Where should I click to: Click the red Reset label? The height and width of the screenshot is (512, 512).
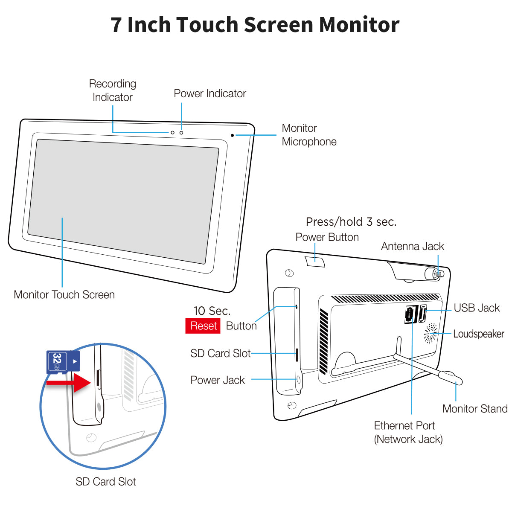point(203,326)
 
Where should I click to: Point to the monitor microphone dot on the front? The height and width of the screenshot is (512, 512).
point(232,135)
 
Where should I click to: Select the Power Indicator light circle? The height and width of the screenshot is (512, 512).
point(181,133)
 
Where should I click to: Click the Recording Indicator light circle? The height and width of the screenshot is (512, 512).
point(172,133)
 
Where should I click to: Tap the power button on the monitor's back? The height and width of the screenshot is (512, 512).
point(315,261)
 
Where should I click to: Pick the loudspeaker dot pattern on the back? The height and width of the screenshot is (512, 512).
point(431,333)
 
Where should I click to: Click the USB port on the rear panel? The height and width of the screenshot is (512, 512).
point(423,314)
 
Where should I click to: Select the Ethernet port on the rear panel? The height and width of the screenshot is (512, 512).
point(410,315)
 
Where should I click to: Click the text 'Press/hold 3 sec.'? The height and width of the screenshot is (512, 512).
point(351,222)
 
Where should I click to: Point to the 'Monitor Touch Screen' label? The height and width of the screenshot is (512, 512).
point(64,294)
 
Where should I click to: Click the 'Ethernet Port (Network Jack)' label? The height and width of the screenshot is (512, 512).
point(408,432)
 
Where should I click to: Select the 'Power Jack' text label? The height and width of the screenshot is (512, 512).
point(218,380)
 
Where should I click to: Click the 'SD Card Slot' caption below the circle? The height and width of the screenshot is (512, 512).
point(105,482)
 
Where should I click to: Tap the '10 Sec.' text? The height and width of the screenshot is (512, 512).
point(212,311)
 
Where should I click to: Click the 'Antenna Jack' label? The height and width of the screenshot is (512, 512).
point(412,246)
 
